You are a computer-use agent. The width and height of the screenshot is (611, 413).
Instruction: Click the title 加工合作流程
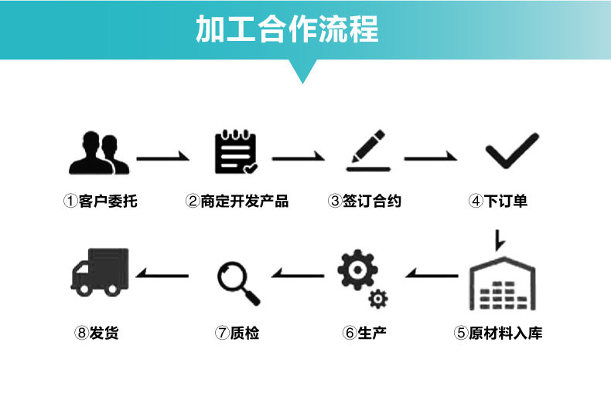pos(286,29)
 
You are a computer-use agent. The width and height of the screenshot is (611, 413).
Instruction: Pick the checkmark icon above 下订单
pos(511,151)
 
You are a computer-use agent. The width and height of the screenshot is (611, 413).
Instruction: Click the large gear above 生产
pos(357,270)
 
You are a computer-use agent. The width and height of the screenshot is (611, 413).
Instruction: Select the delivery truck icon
pos(100,272)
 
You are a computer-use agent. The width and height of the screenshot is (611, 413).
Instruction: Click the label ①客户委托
pos(100,201)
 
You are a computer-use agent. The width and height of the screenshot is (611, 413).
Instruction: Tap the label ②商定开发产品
pos(237,201)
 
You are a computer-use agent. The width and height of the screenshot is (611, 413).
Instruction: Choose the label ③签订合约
pos(364,201)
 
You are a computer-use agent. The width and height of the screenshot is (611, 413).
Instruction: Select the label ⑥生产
pos(364,333)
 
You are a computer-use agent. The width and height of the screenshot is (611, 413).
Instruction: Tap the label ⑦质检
pos(237,333)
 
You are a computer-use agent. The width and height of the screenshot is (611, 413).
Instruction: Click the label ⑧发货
pos(97,333)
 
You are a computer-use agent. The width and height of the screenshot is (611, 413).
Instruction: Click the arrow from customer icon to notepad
pos(163,158)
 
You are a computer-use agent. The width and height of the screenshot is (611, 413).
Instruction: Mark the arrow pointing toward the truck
pos(162,274)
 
